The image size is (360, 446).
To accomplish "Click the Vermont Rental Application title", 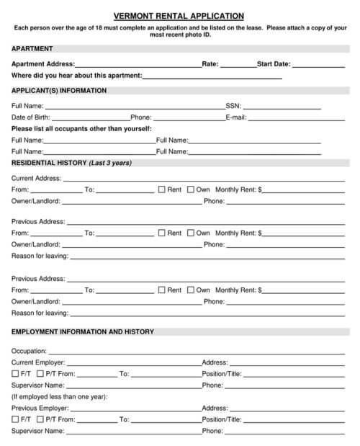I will [179, 15].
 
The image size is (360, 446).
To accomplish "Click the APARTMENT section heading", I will [32, 48].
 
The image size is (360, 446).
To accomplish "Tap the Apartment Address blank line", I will [138, 65].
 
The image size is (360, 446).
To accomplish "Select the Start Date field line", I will [318, 65].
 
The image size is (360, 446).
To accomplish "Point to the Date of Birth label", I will [31, 117].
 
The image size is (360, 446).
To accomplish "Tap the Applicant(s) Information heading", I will [59, 91].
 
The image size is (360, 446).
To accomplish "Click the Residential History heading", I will [71, 163].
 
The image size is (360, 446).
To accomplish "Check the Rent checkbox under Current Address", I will [162, 190].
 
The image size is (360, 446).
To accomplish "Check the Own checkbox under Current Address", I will [191, 190].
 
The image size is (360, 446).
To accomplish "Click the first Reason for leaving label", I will [40, 257].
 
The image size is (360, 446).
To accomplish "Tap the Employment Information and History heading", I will [83, 332].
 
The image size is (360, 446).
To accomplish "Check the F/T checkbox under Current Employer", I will [16, 374].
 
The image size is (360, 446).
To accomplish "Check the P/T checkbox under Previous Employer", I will [40, 419].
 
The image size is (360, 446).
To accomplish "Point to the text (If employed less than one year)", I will [59, 396].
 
